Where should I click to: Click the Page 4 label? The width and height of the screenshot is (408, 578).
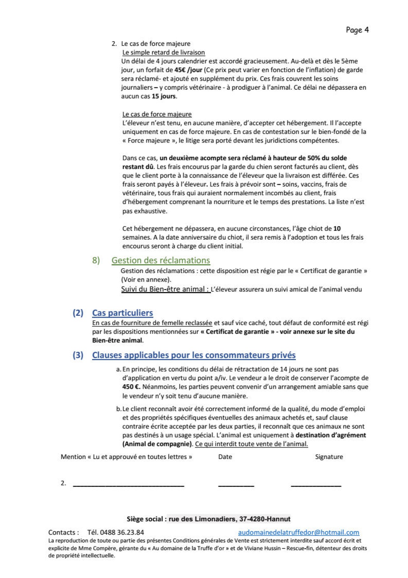[x=357, y=30]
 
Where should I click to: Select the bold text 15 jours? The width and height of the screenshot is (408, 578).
[x=164, y=96]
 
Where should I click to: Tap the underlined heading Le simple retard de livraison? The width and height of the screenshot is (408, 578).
[x=164, y=53]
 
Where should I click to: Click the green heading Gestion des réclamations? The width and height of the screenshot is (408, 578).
[x=161, y=260]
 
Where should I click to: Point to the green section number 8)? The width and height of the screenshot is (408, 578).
[x=96, y=260]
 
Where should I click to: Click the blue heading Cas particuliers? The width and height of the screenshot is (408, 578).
[x=122, y=313]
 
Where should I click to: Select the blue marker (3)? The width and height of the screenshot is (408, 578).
[x=78, y=355]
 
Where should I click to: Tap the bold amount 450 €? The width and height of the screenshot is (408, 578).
[x=131, y=387]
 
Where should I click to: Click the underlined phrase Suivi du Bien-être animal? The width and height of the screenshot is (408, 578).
[x=165, y=289]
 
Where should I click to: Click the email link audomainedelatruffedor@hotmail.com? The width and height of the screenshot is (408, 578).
[x=299, y=532]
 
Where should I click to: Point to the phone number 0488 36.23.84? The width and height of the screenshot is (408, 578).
[x=122, y=532]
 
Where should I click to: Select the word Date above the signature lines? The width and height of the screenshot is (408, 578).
[x=225, y=457]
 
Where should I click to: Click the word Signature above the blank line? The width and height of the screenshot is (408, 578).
[x=329, y=457]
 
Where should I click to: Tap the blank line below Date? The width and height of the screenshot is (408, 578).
[x=236, y=486]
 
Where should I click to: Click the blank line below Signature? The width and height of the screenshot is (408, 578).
[x=316, y=486]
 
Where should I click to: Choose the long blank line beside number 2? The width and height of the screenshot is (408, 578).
[x=128, y=486]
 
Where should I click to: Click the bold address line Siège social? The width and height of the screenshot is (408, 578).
[x=208, y=519]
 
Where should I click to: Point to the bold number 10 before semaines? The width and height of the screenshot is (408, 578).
[x=337, y=229]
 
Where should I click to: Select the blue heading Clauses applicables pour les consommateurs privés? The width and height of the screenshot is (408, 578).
[x=194, y=355]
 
